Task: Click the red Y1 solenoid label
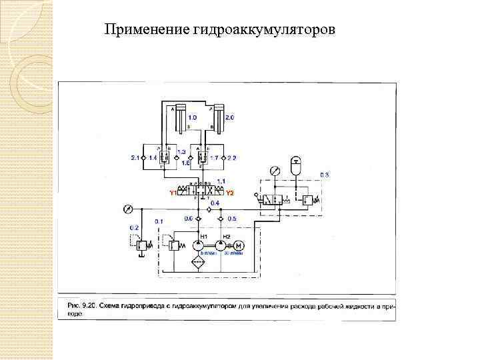click(172, 193)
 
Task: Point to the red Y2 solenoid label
click(230, 193)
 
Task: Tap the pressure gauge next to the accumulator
click(275, 171)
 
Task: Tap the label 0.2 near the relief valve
click(134, 227)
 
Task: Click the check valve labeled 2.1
click(143, 157)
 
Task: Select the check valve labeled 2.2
click(223, 157)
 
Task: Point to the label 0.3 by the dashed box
click(324, 175)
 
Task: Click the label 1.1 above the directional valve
click(221, 181)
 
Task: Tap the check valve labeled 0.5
click(221, 218)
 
